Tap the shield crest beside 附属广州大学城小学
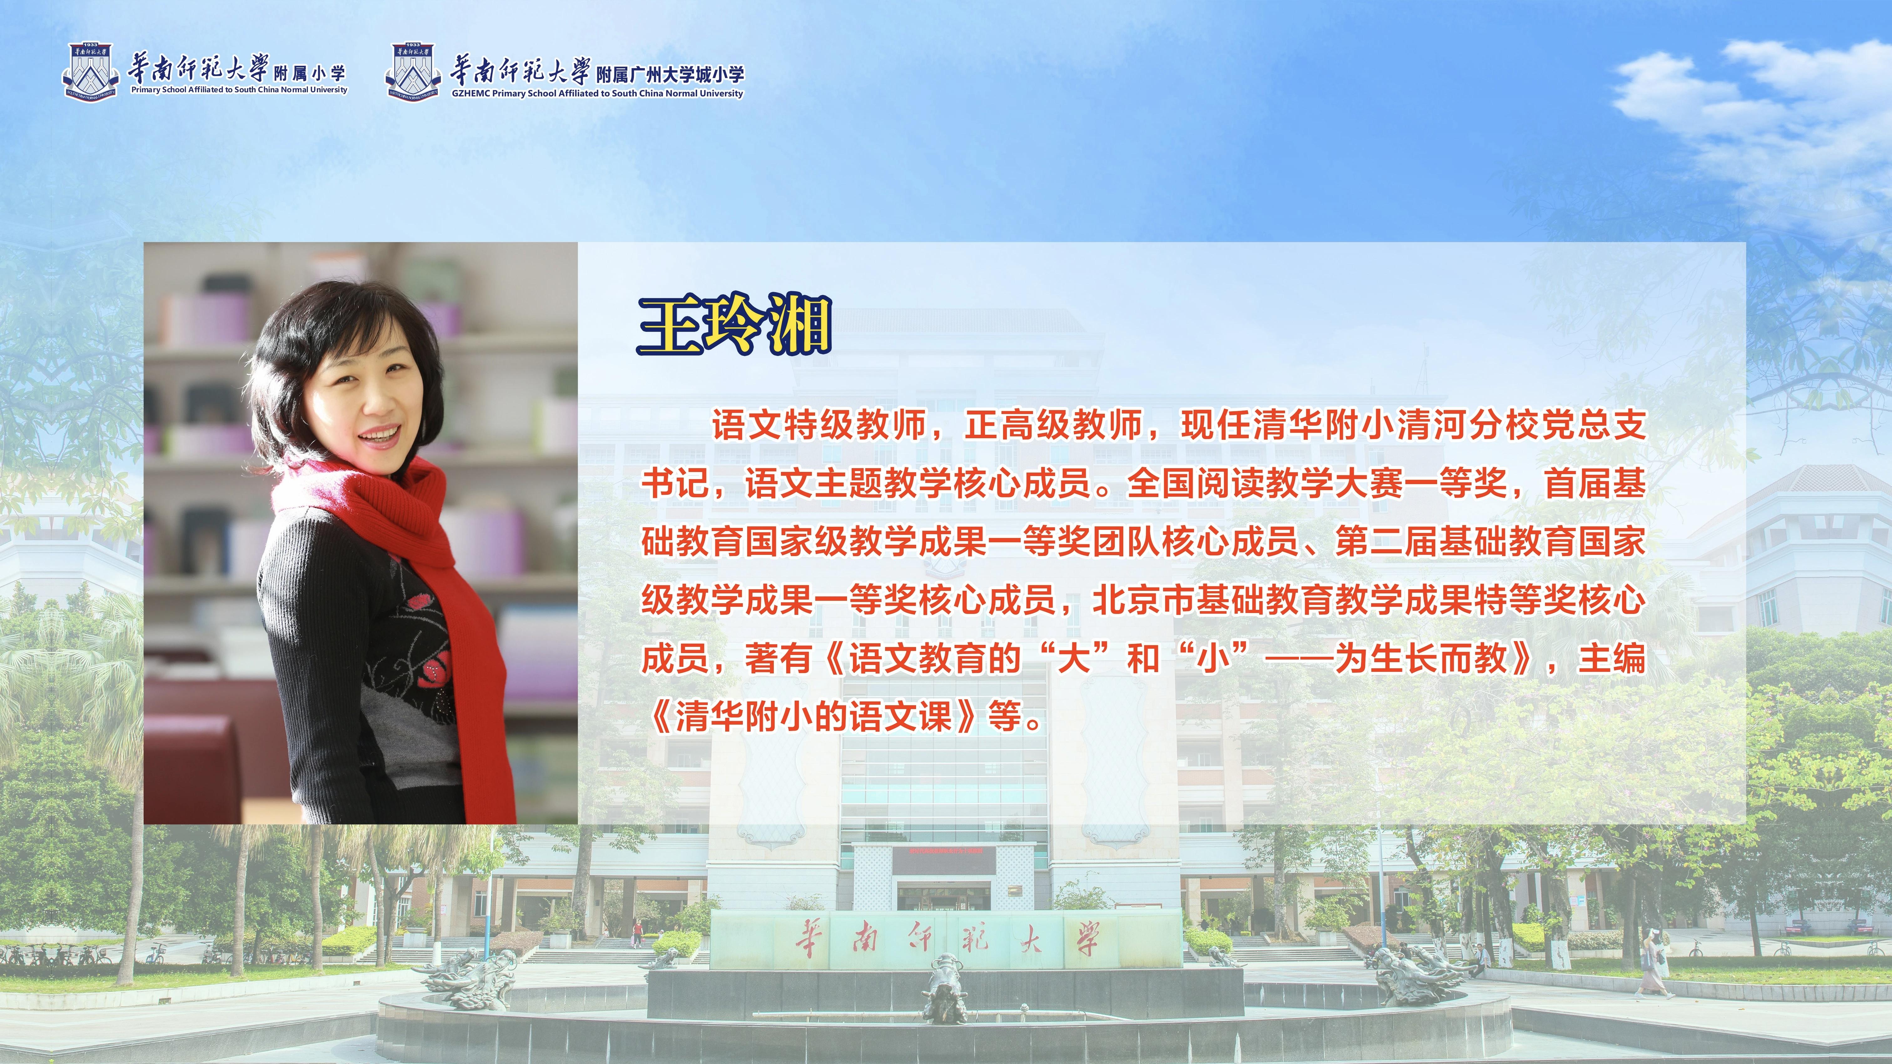point(413,72)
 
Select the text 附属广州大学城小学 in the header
point(670,74)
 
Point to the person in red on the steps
point(638,933)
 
